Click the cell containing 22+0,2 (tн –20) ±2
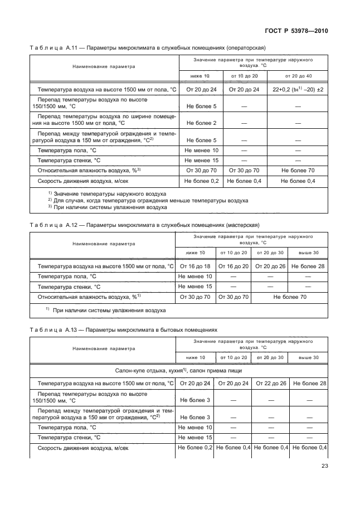tap(298, 89)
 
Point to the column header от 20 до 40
tap(298, 75)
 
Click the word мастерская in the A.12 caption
tap(242, 225)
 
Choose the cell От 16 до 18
tap(194, 267)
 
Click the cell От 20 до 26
tap(270, 267)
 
